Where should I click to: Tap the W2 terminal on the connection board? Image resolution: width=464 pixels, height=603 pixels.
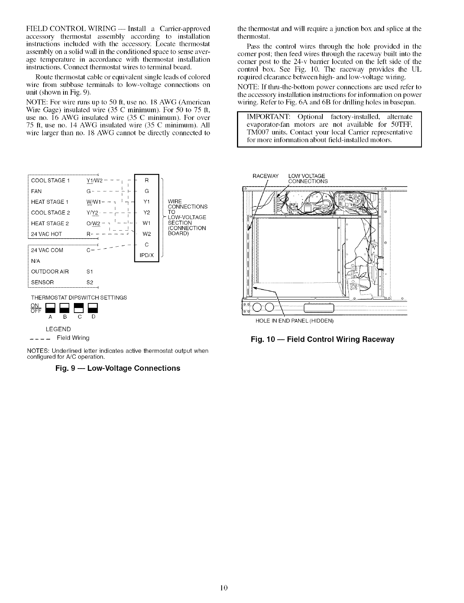click(x=147, y=234)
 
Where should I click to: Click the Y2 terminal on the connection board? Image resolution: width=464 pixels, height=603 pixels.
click(x=147, y=212)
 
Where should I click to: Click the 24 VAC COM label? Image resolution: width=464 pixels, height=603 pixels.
click(x=47, y=251)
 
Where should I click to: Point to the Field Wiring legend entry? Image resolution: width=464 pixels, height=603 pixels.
click(x=73, y=338)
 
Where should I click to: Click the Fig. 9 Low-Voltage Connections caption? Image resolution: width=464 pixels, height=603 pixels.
click(x=118, y=368)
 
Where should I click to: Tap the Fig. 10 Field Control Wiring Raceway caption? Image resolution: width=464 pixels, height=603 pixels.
click(x=322, y=339)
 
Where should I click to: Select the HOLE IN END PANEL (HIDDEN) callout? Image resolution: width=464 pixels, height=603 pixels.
click(x=294, y=321)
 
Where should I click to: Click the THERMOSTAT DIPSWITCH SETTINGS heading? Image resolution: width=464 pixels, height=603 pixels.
click(x=78, y=298)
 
